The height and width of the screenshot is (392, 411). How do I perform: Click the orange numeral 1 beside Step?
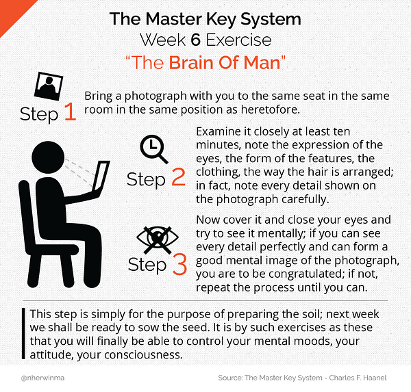[x=71, y=112]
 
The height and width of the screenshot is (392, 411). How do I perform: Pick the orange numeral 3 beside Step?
[x=179, y=264]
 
